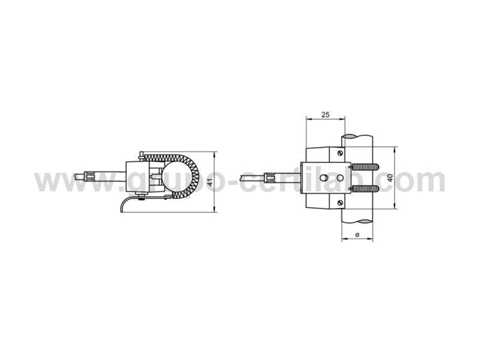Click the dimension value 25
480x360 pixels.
coord(325,115)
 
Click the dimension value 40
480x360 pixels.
coord(391,178)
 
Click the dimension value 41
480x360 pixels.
coord(209,182)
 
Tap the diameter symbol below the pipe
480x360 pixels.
coord(357,235)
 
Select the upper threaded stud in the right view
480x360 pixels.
coord(365,167)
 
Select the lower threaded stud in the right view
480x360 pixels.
coord(365,188)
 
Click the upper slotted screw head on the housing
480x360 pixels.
coord(340,153)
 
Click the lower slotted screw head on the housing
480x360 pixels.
coord(340,203)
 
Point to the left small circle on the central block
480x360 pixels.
coord(323,178)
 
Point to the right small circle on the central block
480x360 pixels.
coord(340,178)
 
